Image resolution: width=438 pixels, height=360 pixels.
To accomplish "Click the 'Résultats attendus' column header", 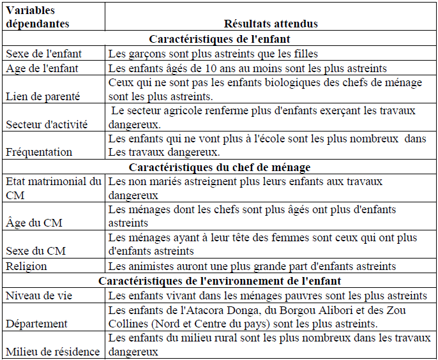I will (271, 24).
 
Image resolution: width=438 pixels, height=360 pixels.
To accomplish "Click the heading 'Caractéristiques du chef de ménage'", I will (220, 167).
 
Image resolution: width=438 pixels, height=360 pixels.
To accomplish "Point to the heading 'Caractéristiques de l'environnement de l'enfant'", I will (219, 281).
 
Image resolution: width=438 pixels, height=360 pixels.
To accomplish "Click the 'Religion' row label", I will (25, 266).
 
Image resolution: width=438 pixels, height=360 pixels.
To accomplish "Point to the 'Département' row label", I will (36, 324).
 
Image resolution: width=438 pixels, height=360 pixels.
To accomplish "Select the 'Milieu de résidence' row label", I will (52, 352).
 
